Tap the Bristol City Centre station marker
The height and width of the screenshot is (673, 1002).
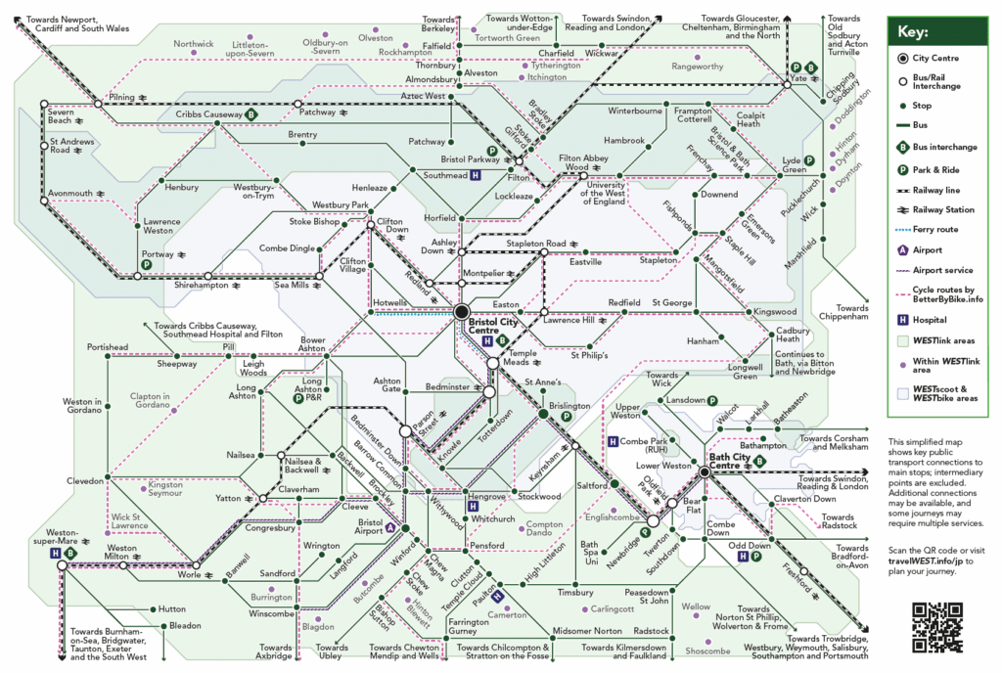click(462, 312)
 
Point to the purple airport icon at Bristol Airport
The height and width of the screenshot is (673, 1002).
click(391, 528)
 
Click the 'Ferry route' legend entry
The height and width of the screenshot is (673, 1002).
click(935, 229)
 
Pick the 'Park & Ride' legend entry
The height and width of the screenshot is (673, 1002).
click(935, 168)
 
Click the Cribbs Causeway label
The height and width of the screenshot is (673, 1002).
click(209, 114)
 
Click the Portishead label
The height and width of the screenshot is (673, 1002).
click(108, 346)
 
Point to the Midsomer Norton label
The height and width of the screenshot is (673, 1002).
click(586, 630)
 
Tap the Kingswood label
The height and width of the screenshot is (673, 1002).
click(775, 312)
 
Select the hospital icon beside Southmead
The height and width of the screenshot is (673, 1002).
click(475, 175)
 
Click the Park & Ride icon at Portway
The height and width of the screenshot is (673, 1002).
click(147, 264)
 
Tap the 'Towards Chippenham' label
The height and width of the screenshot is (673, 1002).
click(845, 312)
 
